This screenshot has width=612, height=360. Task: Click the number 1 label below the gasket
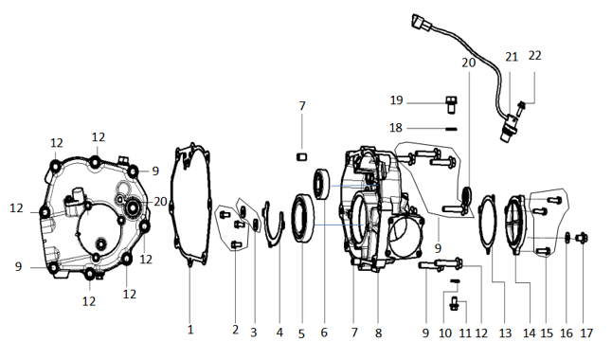(x=190, y=330)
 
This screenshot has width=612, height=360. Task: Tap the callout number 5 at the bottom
(x=301, y=333)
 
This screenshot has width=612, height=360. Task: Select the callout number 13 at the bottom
(x=505, y=333)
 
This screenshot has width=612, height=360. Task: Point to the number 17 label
(x=586, y=333)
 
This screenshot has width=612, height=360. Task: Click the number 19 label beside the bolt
(x=396, y=100)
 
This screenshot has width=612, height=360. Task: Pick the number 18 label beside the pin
(x=396, y=128)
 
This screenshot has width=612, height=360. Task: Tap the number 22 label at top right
(x=534, y=56)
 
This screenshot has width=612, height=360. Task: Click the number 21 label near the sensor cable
(x=512, y=57)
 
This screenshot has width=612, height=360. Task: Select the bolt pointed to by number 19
(x=451, y=104)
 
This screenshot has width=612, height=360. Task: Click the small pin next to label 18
(x=451, y=129)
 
